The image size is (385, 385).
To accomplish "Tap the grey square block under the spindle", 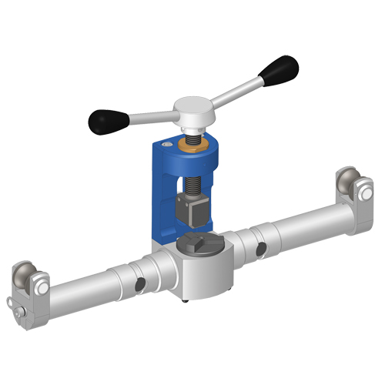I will point(188,207).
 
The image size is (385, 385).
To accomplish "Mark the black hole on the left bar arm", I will point(139,286).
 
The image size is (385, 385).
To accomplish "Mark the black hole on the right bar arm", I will point(262,248).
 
